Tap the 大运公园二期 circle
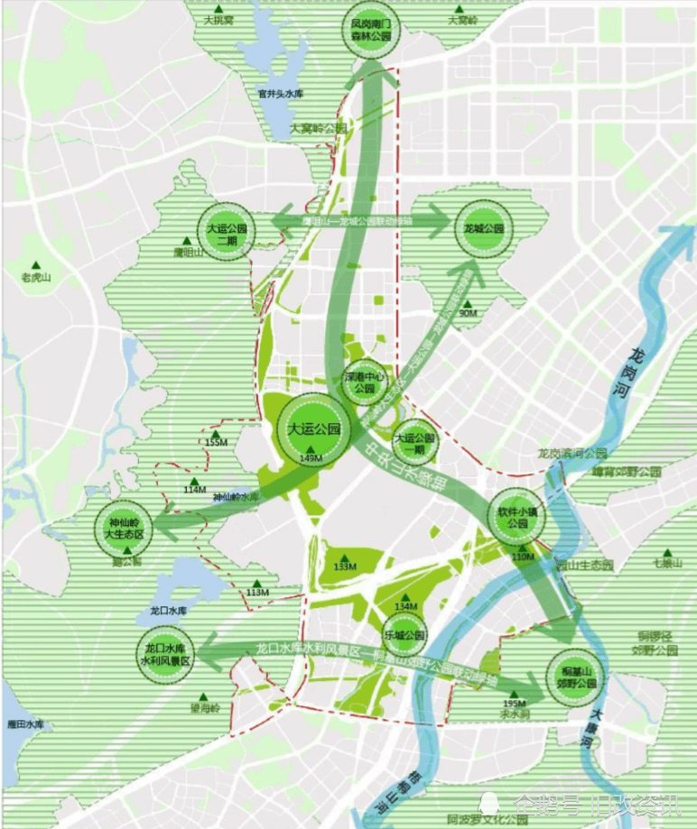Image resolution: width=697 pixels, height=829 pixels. tap(227, 234)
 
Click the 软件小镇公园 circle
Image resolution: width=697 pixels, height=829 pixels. tap(512, 516)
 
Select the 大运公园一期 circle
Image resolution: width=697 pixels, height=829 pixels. tap(414, 442)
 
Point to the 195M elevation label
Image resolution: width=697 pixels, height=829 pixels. tap(514, 704)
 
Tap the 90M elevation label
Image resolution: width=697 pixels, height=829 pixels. tap(468, 313)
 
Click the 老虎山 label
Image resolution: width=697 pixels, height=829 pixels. tap(37, 278)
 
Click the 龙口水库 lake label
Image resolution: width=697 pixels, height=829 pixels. tap(167, 611)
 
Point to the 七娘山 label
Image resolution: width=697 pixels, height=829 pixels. tap(668, 564)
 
